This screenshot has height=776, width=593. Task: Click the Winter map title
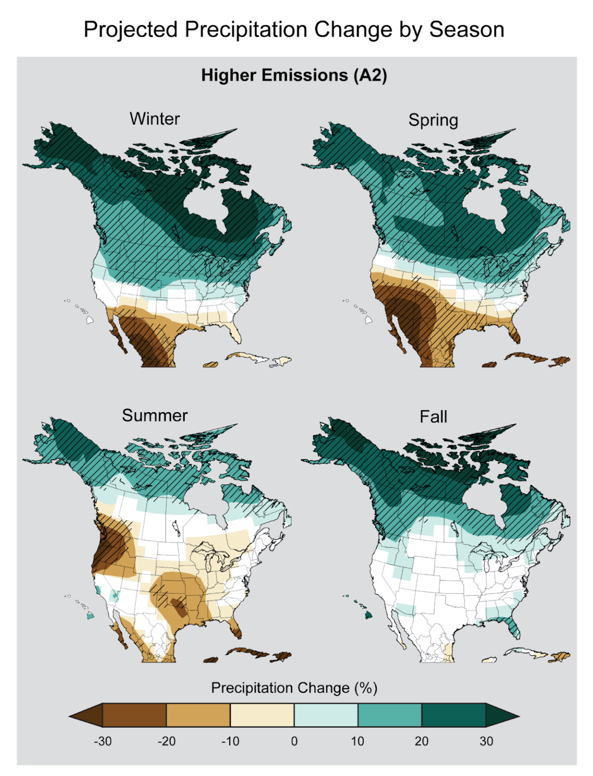point(155,119)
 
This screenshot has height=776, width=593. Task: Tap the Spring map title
point(433,120)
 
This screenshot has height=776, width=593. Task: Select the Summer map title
point(155,415)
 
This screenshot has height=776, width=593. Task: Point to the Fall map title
point(433,417)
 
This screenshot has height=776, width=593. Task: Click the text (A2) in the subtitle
point(370,75)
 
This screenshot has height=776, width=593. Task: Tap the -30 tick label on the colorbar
point(103,741)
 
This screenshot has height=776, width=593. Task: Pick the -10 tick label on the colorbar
point(230,741)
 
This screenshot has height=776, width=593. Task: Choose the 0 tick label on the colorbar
point(294,741)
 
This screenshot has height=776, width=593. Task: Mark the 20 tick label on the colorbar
point(421,741)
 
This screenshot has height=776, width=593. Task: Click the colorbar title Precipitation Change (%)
point(294,688)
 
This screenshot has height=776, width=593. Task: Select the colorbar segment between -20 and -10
point(198,715)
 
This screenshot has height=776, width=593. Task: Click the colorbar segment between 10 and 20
point(389,715)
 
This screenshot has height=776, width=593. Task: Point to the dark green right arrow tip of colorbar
point(502,715)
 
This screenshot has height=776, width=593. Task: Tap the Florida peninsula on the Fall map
point(514,626)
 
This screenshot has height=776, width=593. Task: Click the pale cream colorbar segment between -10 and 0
point(262,715)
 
